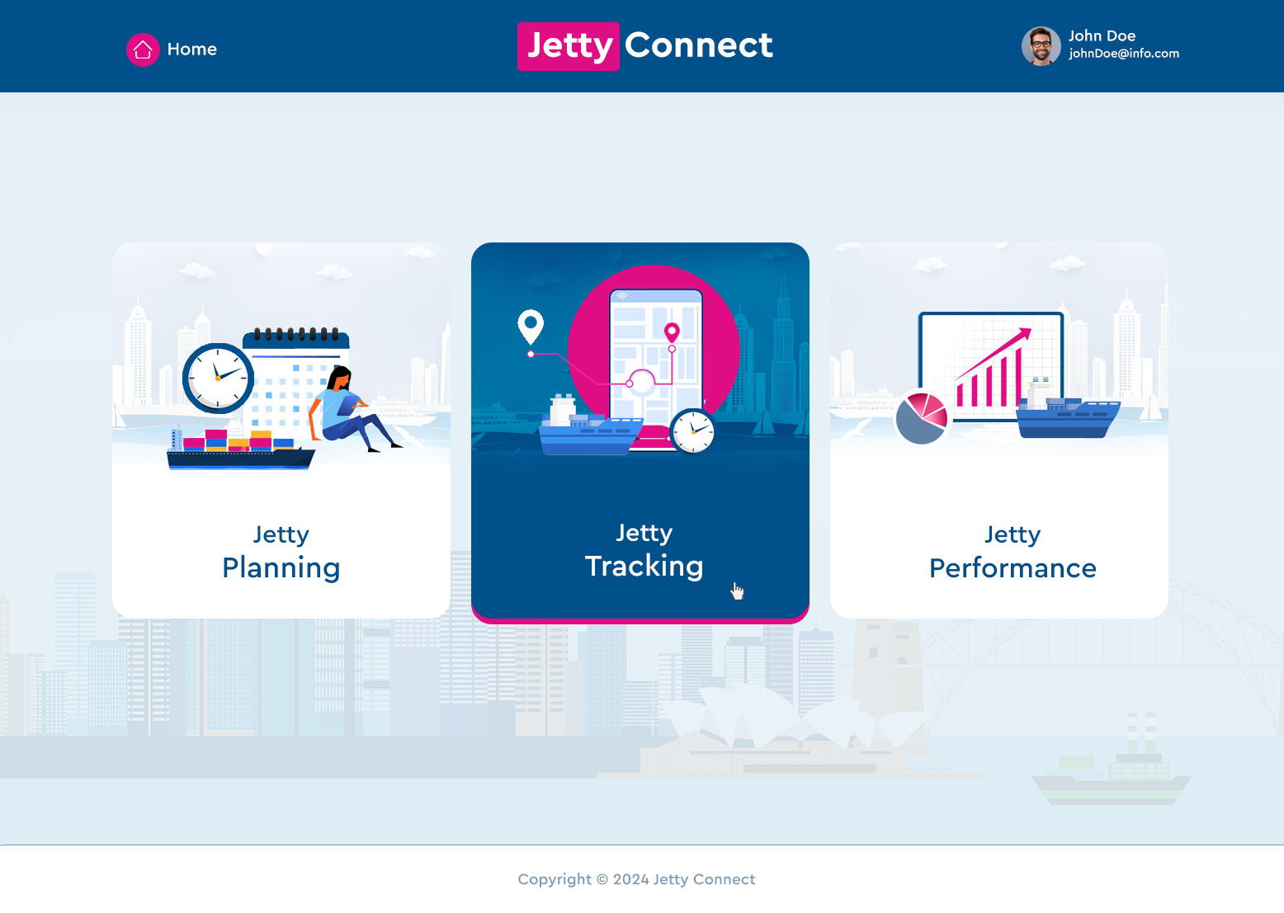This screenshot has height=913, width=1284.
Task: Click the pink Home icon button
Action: pos(143,49)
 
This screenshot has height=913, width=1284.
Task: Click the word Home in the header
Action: pos(192,49)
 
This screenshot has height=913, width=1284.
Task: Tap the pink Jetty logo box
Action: pos(569,46)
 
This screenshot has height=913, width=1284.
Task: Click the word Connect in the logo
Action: pos(699,45)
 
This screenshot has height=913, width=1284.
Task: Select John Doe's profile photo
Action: pos(1041,46)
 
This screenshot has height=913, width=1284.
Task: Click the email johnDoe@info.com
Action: pos(1124,54)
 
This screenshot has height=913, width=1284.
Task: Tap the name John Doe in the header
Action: pos(1102,35)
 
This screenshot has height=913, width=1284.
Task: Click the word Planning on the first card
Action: pos(281,568)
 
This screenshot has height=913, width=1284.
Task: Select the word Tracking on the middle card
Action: pos(644,567)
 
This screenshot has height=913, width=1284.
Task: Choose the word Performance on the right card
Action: pos(1013,568)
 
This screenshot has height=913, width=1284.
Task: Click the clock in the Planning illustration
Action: pos(218,378)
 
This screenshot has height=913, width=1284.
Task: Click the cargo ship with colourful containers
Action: pos(239,449)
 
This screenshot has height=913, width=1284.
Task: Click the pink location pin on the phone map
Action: pos(672,332)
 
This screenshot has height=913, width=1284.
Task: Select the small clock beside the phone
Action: pos(693,431)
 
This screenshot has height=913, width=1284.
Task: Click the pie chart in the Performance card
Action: pos(921,418)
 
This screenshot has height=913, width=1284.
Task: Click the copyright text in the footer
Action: pos(636,879)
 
